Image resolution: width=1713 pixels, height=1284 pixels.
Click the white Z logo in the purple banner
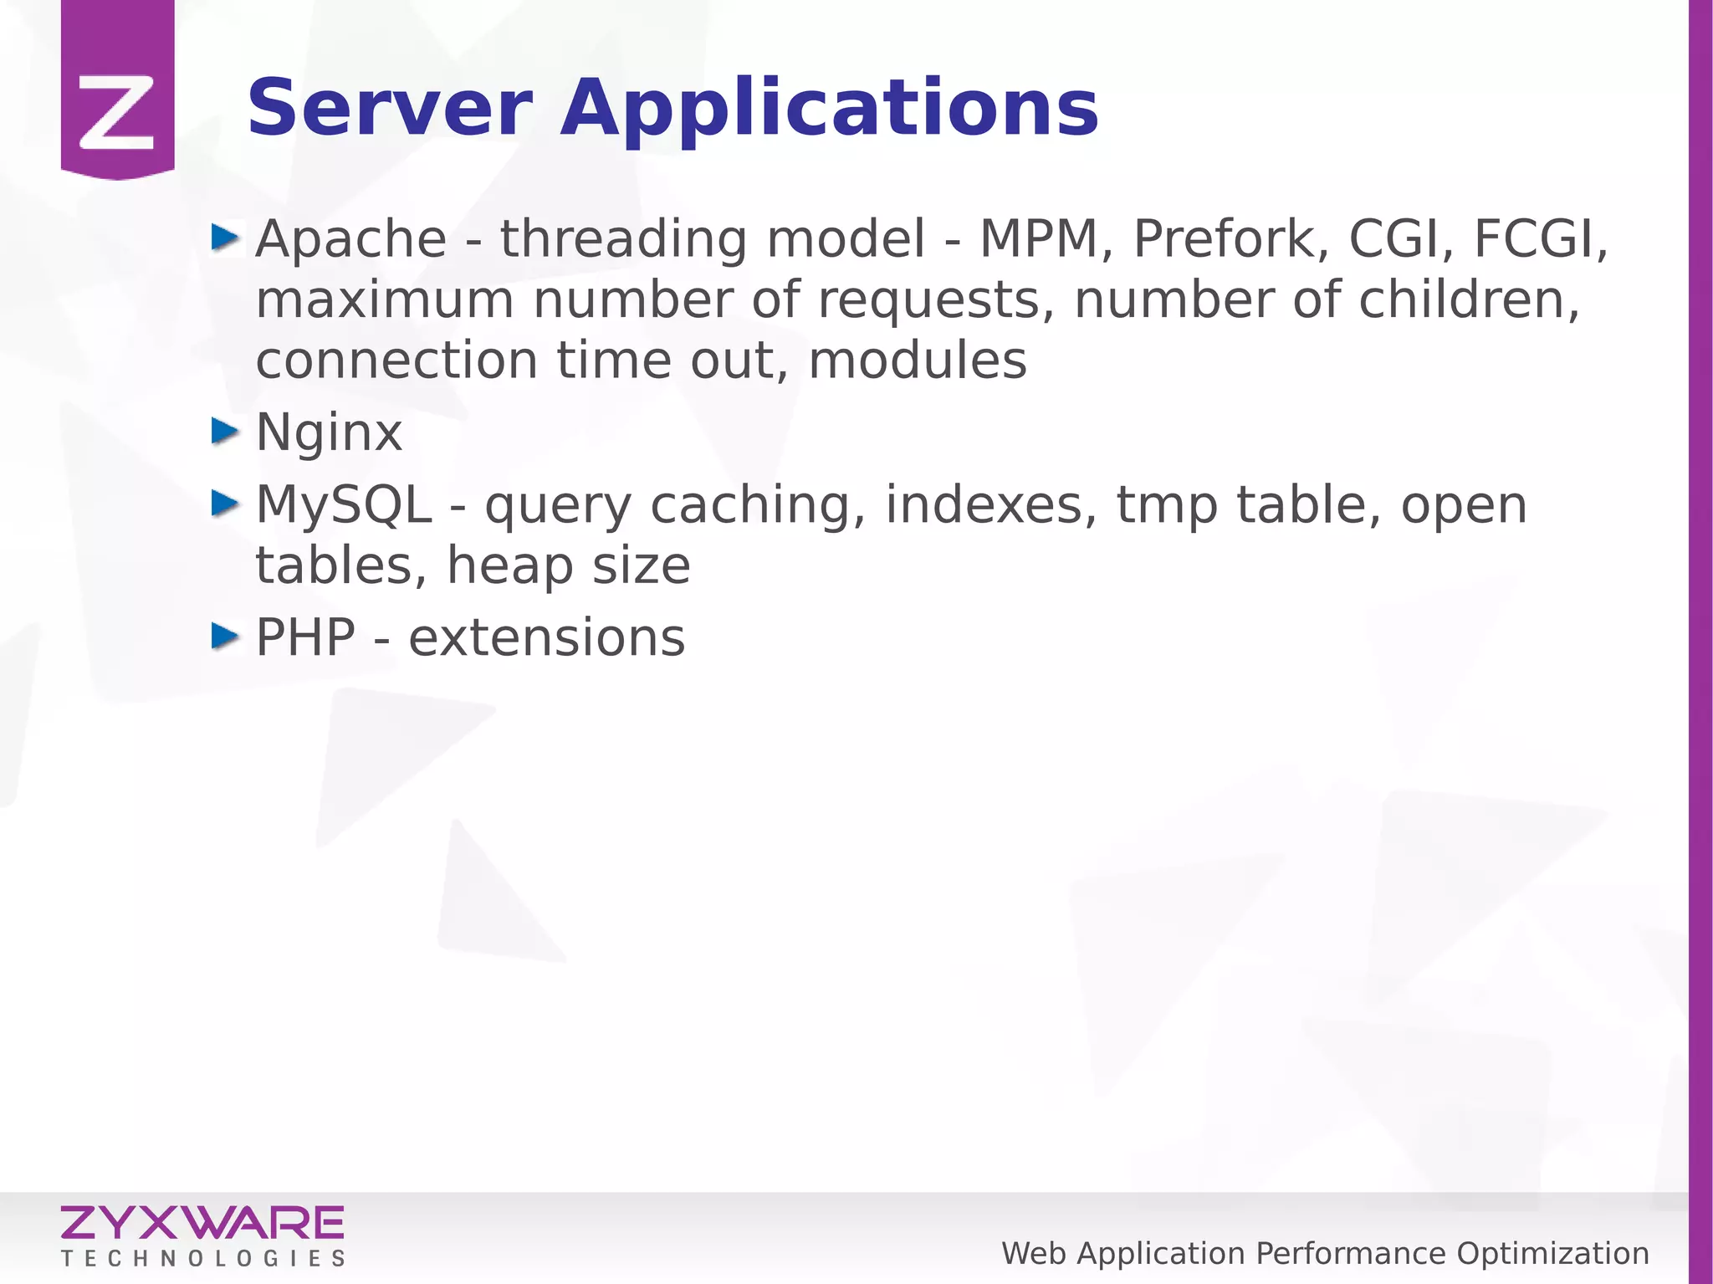point(117,111)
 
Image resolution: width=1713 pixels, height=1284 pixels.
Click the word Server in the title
point(390,109)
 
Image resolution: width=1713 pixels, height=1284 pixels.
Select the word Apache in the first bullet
point(351,239)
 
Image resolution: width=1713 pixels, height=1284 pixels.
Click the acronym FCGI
point(1540,239)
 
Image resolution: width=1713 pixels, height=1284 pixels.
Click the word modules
point(918,361)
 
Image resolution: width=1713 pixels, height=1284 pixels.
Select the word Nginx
point(329,433)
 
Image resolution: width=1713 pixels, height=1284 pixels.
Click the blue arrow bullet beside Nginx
point(225,431)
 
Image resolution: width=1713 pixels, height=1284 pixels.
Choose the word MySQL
point(344,505)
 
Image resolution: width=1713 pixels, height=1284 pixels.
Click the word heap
point(510,567)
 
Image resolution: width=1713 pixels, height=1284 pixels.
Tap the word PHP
point(305,638)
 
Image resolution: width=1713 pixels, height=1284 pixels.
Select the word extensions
point(546,638)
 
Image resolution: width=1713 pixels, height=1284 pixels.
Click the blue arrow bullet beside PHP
point(225,637)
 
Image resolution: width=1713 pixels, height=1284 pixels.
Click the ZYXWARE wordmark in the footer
point(202,1223)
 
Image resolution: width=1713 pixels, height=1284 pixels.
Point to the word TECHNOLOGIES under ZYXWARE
point(202,1259)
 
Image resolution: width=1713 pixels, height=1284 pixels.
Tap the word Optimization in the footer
point(1552,1254)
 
